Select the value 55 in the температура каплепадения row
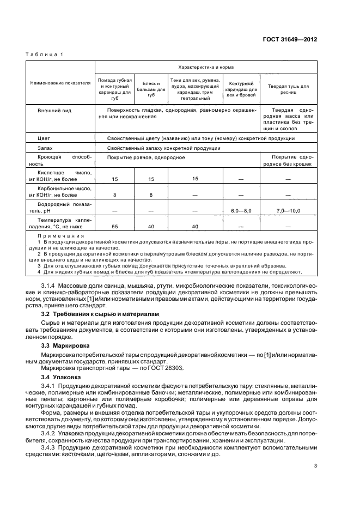(x=114, y=226)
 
